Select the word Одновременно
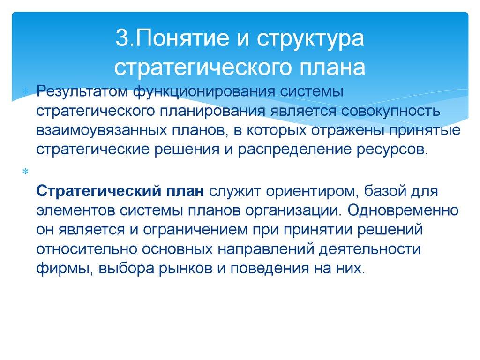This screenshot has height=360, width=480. click(x=404, y=210)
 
